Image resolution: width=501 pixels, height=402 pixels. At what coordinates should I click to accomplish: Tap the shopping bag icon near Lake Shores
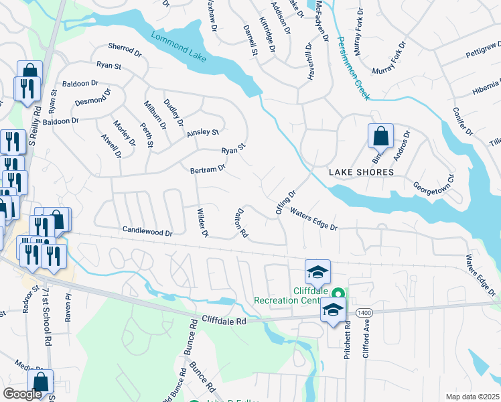[x=380, y=136]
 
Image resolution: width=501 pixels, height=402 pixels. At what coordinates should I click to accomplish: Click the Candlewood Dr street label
[x=147, y=230]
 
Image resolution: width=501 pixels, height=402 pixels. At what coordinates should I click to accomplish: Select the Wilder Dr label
[x=202, y=222]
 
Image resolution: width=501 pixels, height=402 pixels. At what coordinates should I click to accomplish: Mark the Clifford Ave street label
[x=366, y=340]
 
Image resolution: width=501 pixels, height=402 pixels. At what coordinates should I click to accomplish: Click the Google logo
[x=22, y=394]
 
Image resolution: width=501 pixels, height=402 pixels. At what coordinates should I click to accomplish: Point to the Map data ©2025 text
[x=472, y=397]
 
